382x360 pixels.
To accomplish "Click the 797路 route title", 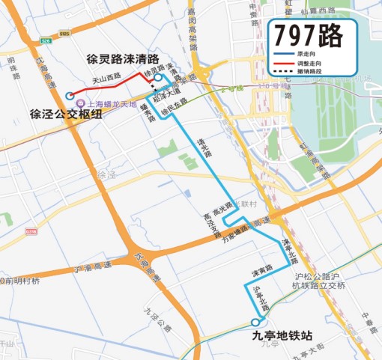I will pos(306,35).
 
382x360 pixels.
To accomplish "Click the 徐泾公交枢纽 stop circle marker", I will pos(70,95).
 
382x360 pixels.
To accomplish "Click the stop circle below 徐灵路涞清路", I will pos(158,77).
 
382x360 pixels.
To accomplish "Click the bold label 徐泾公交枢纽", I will pos(65,115).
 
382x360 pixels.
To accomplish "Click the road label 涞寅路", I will pos(261,269).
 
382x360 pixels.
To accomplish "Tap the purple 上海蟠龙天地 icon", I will pos(80,104).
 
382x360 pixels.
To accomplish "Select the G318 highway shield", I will pos(31,232).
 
